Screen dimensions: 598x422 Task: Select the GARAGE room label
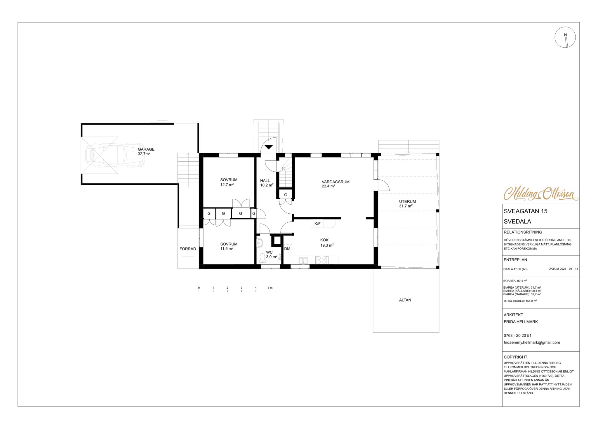[146, 149]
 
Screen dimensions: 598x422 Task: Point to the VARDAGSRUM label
[335, 182]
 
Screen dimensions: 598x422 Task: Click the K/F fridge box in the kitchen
[317, 224]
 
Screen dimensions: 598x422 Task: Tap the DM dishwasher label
[287, 249]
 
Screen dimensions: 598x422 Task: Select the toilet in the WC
[262, 257]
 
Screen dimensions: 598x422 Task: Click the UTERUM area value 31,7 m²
[406, 206]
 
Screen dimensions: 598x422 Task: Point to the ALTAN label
[405, 300]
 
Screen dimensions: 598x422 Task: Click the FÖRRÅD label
[188, 249]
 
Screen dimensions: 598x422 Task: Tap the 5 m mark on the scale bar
[270, 288]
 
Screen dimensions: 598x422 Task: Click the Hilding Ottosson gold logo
[541, 193]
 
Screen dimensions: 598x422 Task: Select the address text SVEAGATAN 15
[526, 211]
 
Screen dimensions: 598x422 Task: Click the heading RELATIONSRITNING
[523, 232]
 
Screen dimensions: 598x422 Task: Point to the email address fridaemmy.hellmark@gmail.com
[532, 342]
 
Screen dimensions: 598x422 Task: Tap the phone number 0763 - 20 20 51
[517, 336]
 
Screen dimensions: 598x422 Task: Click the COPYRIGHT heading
[515, 357]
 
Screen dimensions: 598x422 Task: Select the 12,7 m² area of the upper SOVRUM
[227, 184]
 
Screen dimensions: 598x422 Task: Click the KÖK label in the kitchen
[324, 240]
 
